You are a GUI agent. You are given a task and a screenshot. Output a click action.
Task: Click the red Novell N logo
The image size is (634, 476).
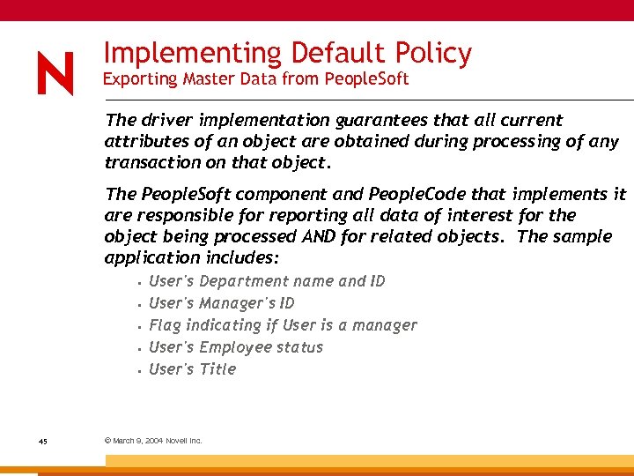click(x=55, y=72)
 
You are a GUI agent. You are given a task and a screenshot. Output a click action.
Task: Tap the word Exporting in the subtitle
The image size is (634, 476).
click(x=139, y=79)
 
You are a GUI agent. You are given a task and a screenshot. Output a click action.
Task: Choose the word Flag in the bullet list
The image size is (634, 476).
click(x=166, y=325)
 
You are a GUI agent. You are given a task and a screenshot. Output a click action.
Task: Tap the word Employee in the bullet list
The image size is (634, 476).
click(x=234, y=347)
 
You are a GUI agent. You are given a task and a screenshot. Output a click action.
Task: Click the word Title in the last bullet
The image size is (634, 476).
click(x=217, y=369)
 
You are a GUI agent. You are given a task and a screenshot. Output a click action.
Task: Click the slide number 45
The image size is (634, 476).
click(x=42, y=441)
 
